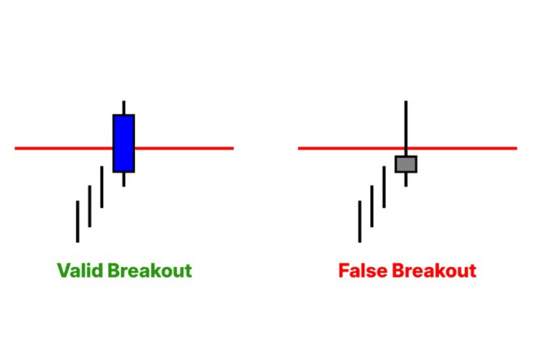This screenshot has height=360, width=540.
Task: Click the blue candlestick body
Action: tap(124, 143)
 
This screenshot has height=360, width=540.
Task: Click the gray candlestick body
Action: tap(406, 164)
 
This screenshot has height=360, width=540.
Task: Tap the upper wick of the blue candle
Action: tap(124, 107)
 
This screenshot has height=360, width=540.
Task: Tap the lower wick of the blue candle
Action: tap(124, 179)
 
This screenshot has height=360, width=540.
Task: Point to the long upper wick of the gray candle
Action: tap(406, 128)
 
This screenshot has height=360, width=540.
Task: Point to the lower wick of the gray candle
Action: tap(406, 179)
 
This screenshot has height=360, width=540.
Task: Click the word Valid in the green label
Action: tap(80, 271)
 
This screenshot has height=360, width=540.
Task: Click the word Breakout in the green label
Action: tap(150, 271)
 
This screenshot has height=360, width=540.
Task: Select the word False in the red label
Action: tap(363, 271)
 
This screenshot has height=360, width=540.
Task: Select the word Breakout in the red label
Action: tap(434, 271)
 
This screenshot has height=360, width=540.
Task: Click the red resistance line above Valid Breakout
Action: tap(124, 148)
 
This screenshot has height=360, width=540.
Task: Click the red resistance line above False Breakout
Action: tap(407, 148)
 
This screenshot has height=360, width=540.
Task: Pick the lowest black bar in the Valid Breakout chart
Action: tap(77, 221)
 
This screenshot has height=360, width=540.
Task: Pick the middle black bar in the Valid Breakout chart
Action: tap(89, 206)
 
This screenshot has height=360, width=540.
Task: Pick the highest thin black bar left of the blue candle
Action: tap(101, 187)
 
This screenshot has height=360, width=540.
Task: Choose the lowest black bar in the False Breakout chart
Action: tap(360, 221)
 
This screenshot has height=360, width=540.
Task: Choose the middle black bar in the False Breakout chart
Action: tap(372, 206)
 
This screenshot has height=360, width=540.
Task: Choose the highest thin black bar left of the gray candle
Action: tap(384, 187)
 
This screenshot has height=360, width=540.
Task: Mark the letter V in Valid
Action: tap(64, 271)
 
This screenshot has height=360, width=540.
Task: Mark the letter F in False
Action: tap(344, 271)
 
